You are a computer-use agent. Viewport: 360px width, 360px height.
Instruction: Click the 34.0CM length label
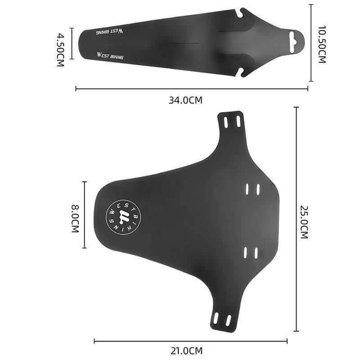pos(185,100)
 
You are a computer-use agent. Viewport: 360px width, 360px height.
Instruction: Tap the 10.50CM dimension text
pos(321,44)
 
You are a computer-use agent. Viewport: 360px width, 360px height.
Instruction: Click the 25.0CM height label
pos(304,222)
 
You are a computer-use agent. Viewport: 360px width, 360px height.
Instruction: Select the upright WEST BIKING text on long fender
pos(110,57)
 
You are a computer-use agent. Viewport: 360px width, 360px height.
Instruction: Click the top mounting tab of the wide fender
pos(231,122)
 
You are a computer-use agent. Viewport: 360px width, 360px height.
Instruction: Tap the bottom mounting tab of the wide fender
pos(222,319)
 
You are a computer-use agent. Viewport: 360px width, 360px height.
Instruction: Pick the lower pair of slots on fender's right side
pos(251,252)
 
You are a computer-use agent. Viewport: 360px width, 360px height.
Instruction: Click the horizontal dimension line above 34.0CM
pos(192,89)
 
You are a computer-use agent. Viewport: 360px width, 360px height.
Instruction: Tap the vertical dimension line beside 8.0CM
pos(85,215)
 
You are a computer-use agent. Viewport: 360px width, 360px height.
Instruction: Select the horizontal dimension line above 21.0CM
pos(190,341)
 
